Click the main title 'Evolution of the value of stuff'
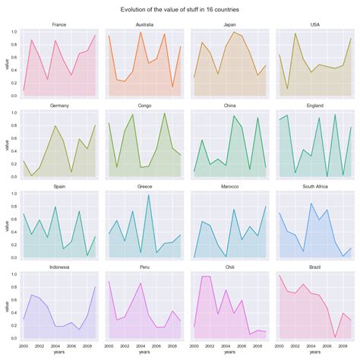click(180, 10)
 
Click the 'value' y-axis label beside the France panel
click(5, 65)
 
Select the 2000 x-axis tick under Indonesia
click(24, 346)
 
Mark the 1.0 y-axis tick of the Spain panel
click(14, 194)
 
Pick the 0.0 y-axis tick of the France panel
click(14, 96)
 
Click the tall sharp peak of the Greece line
click(148, 195)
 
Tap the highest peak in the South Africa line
click(311, 204)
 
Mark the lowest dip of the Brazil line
click(335, 337)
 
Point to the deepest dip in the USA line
click(286, 89)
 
